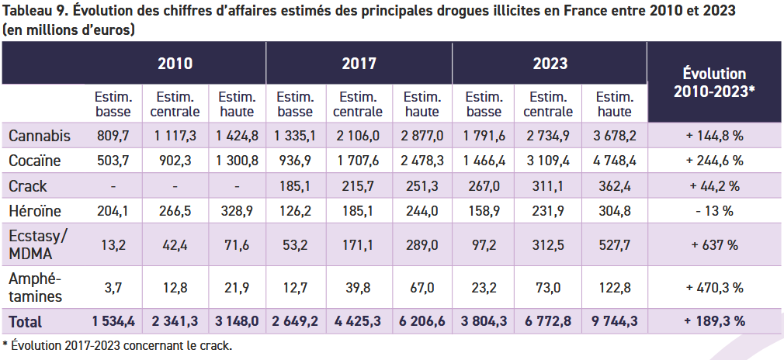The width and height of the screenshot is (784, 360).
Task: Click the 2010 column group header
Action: click(x=175, y=64)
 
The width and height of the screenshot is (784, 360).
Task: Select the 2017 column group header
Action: click(x=359, y=64)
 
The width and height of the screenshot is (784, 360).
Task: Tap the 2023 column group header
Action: click(x=550, y=64)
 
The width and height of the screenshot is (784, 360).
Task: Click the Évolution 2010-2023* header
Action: click(x=714, y=82)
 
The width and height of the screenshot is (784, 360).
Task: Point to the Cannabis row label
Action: click(x=40, y=136)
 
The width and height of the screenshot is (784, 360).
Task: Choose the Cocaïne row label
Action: click(x=36, y=161)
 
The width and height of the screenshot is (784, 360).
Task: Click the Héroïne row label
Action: click(x=36, y=212)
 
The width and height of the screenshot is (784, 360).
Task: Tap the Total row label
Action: click(x=25, y=321)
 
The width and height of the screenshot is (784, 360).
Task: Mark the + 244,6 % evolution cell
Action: click(x=714, y=161)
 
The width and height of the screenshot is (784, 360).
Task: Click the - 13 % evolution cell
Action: click(x=714, y=212)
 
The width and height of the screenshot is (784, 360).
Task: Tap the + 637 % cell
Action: click(x=714, y=244)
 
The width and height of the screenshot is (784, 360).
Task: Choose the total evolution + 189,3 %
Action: click(x=714, y=321)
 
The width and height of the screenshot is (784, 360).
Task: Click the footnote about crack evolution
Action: click(x=117, y=344)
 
